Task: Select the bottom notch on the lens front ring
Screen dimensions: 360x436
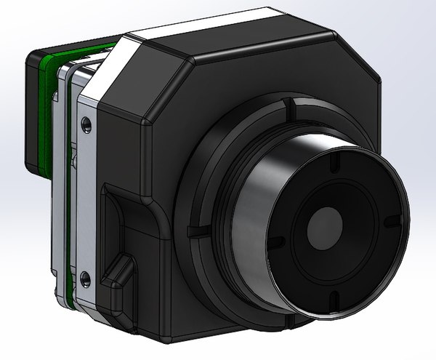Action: click(332, 298)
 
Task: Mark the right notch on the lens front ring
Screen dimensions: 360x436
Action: click(390, 220)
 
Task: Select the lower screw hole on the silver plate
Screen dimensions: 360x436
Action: click(86, 276)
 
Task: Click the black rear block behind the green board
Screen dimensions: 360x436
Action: click(33, 109)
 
